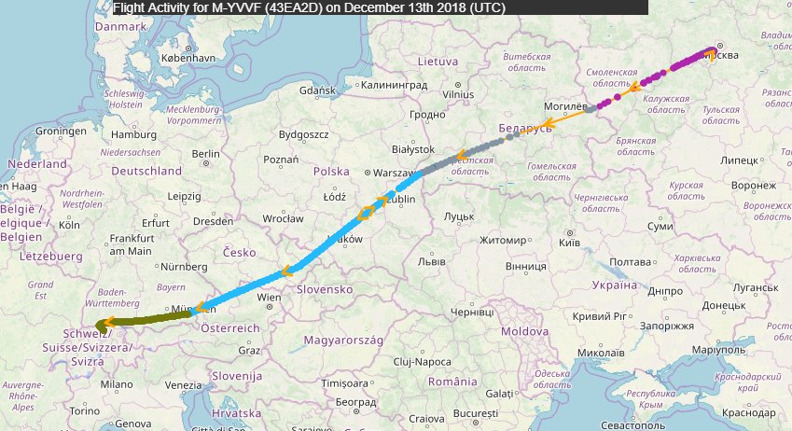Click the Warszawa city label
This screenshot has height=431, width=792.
click(x=396, y=173)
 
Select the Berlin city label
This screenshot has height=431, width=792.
click(x=204, y=154)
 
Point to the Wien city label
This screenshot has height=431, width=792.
click(x=269, y=298)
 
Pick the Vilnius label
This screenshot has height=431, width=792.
click(x=458, y=94)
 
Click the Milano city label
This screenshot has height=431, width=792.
click(x=117, y=383)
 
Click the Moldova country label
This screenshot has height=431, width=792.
click(x=524, y=331)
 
